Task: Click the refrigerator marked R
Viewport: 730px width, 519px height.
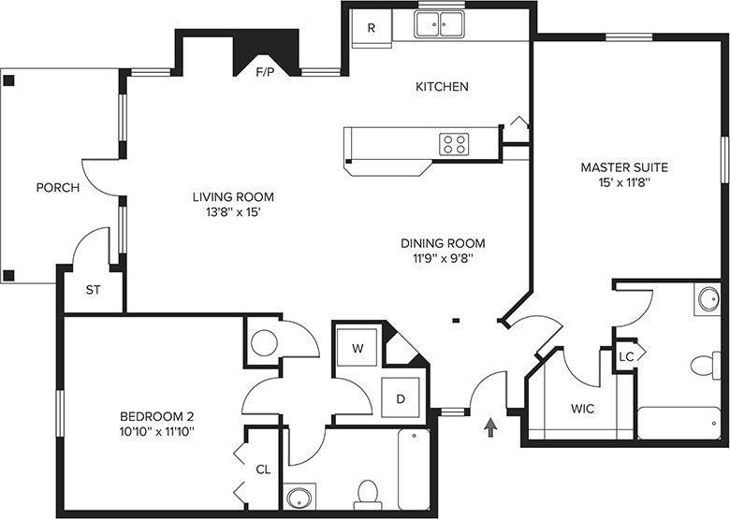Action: pyautogui.click(x=371, y=28)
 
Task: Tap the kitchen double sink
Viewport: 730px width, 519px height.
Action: pyautogui.click(x=439, y=24)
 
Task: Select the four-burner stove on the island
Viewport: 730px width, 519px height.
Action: pyautogui.click(x=455, y=144)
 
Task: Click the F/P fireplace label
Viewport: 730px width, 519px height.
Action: pyautogui.click(x=265, y=71)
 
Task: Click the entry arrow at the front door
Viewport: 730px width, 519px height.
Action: pyautogui.click(x=489, y=427)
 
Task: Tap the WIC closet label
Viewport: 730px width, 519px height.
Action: pyautogui.click(x=583, y=409)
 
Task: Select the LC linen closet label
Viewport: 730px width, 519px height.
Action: pyautogui.click(x=627, y=357)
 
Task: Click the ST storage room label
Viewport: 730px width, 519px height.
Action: pyautogui.click(x=93, y=290)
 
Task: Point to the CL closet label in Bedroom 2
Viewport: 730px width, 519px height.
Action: pyautogui.click(x=263, y=469)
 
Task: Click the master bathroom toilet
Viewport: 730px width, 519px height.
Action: pyautogui.click(x=705, y=365)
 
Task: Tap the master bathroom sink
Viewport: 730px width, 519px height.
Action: pyautogui.click(x=708, y=299)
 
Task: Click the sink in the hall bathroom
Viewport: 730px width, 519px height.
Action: pyautogui.click(x=300, y=497)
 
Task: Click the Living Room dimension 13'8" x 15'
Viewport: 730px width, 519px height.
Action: pyautogui.click(x=233, y=213)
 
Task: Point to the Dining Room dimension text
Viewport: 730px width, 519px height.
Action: pyautogui.click(x=443, y=260)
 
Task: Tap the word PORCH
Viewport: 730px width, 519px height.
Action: pyautogui.click(x=58, y=188)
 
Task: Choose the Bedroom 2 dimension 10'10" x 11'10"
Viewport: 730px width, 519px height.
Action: pyautogui.click(x=156, y=432)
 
